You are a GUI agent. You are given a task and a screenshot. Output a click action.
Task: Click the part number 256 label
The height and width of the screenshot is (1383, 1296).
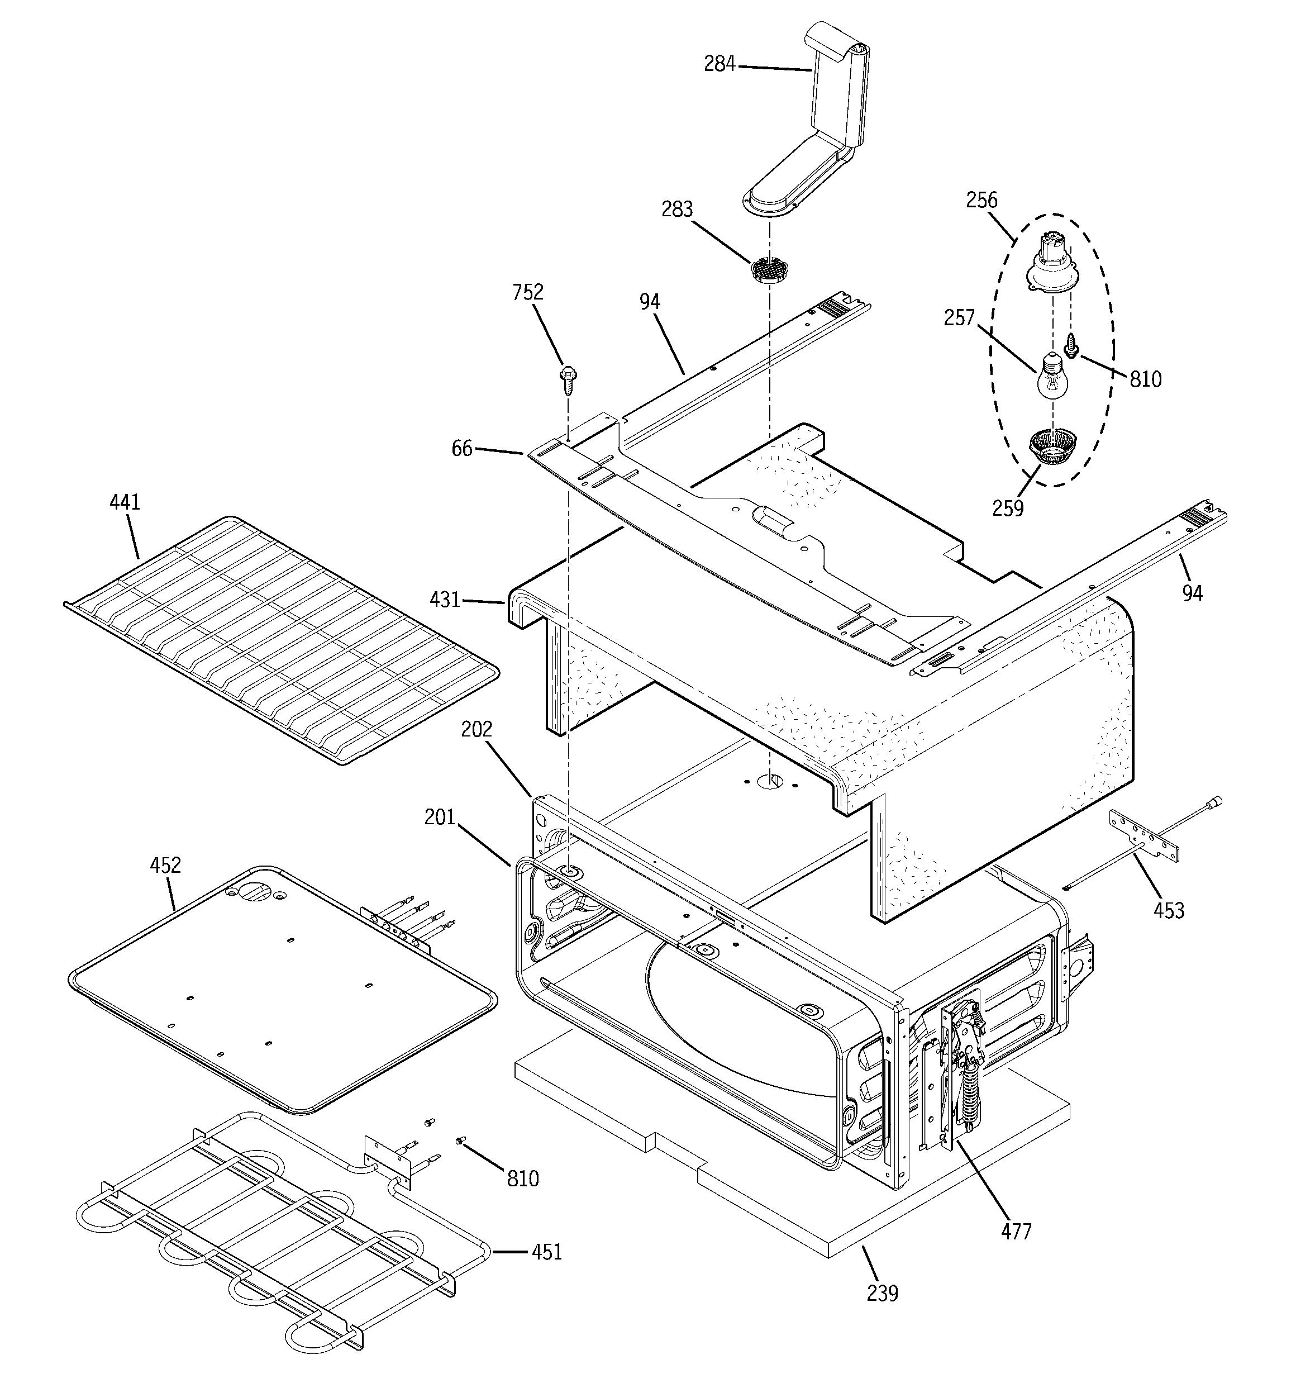(x=981, y=201)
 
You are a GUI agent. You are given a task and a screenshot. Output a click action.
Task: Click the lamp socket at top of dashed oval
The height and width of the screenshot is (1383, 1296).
(x=1052, y=261)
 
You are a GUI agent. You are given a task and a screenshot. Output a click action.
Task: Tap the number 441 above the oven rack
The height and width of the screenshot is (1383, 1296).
(x=125, y=502)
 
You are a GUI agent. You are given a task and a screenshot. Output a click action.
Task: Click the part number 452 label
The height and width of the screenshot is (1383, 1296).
(x=165, y=866)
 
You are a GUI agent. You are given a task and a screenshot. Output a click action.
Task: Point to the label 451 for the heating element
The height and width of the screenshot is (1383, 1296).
(x=546, y=1252)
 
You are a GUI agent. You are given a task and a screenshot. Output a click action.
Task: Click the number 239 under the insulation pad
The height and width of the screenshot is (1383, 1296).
(x=882, y=1293)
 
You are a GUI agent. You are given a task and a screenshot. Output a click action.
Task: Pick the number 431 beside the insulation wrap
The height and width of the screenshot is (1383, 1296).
(x=445, y=599)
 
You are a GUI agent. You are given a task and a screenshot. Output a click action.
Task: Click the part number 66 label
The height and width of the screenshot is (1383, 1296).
(x=462, y=449)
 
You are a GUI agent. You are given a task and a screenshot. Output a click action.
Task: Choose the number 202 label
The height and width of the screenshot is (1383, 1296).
(x=477, y=729)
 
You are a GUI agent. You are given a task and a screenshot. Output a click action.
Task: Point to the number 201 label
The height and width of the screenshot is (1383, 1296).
(x=440, y=817)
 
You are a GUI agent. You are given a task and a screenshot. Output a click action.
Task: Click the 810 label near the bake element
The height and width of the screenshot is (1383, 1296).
(x=522, y=1178)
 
